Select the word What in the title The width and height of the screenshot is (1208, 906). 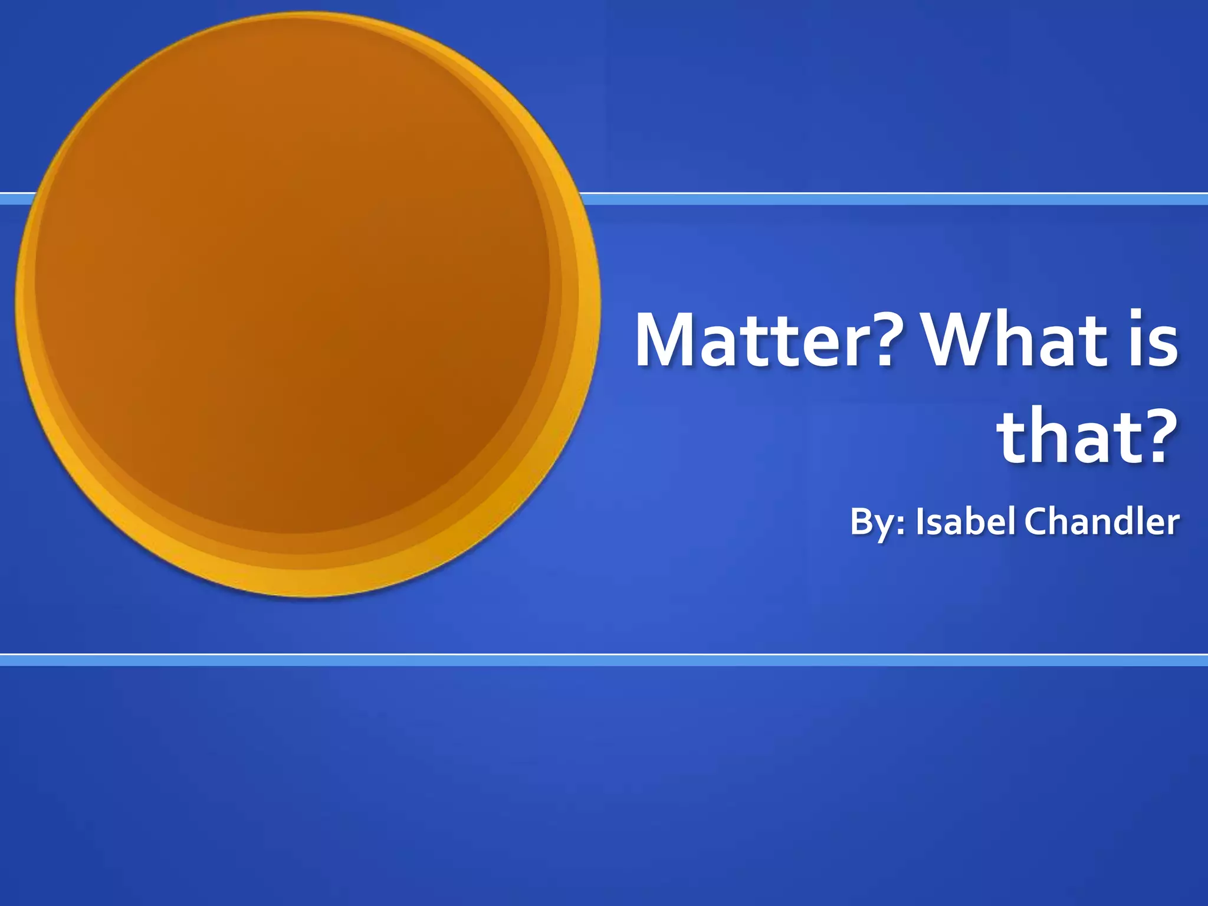pyautogui.click(x=1014, y=341)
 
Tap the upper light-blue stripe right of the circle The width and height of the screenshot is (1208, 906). pyautogui.click(x=885, y=199)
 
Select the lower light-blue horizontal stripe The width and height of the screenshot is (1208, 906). pyautogui.click(x=604, y=661)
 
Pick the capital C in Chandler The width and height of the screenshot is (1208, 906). pyautogui.click(x=1038, y=521)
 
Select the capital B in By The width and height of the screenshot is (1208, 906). pyautogui.click(x=862, y=521)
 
